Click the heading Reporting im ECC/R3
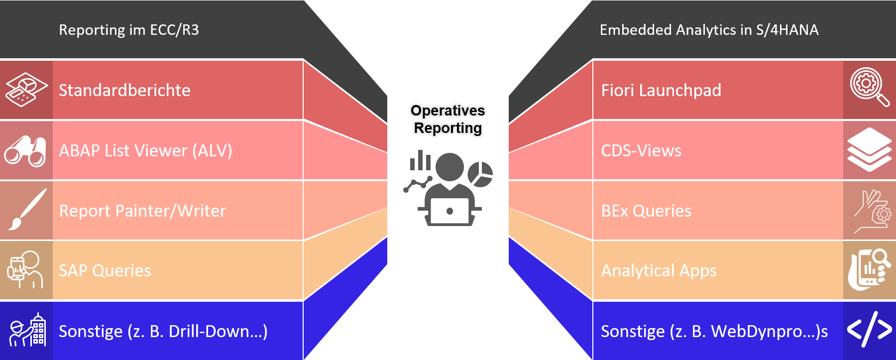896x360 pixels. coord(128,30)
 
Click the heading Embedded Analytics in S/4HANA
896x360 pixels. coord(709,30)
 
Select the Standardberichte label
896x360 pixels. coord(124,90)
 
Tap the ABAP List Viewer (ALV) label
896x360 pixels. coord(145,150)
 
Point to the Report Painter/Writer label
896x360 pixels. coord(142,211)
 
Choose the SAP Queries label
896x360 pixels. coord(105,270)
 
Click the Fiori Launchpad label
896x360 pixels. coord(661,90)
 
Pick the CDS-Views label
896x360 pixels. coord(641,150)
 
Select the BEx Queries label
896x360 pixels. coord(646,211)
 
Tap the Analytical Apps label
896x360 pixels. coord(659,270)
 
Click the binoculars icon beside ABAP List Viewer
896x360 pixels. coord(25,150)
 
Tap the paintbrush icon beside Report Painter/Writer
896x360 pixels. coord(26,210)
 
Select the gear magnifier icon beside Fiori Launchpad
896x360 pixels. coord(869,87)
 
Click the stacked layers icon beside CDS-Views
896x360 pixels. coord(869,149)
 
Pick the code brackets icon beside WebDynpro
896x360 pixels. coord(869,329)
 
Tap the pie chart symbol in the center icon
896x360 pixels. coord(480,174)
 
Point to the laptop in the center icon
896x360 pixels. coord(449,211)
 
